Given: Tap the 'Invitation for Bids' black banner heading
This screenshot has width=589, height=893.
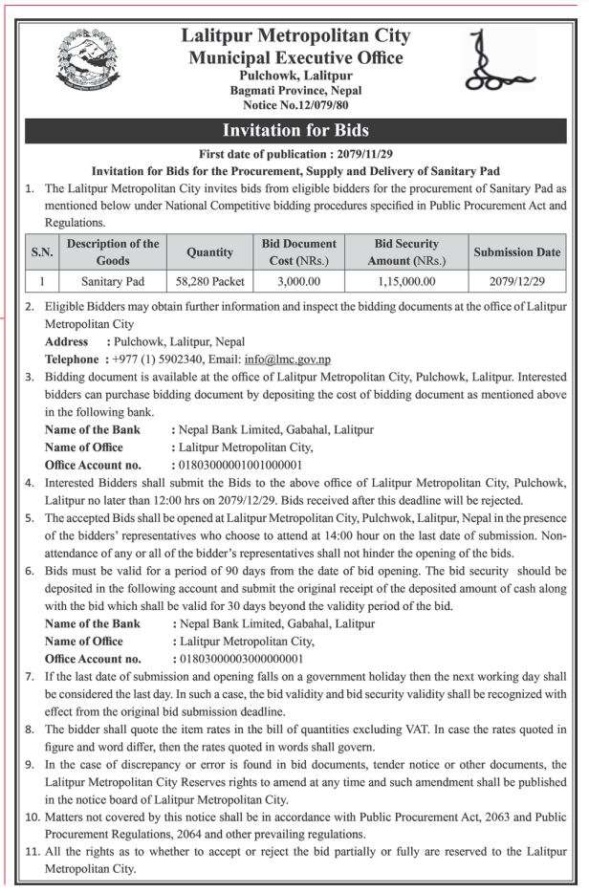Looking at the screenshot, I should [x=294, y=130].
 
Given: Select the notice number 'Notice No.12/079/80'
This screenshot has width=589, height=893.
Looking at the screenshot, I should [x=294, y=103].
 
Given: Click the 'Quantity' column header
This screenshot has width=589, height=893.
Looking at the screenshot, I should [x=205, y=252].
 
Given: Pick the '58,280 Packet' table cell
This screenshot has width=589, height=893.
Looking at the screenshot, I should [x=205, y=281].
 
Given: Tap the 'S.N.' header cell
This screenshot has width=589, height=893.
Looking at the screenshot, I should [x=41, y=252].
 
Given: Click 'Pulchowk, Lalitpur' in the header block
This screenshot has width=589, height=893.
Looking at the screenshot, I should [x=294, y=76].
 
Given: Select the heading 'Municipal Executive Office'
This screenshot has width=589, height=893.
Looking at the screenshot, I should [x=294, y=58].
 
